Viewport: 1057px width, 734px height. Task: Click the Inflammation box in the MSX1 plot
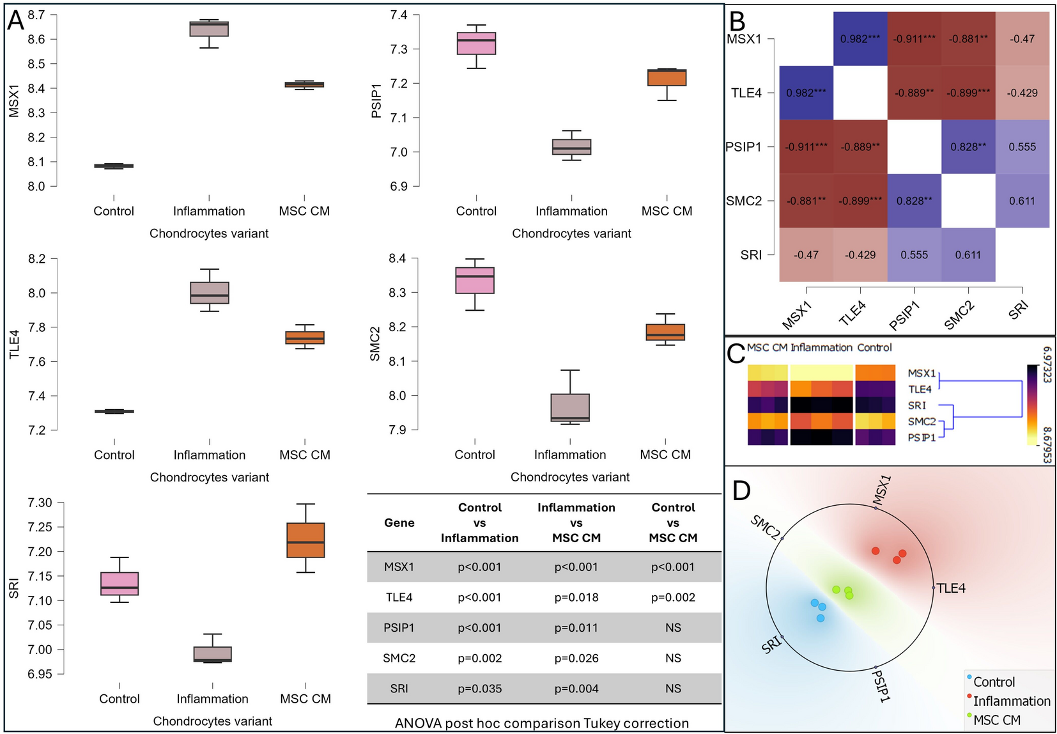coord(209,29)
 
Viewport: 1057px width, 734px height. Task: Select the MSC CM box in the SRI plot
coord(305,540)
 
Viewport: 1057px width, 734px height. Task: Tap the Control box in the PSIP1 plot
coord(476,43)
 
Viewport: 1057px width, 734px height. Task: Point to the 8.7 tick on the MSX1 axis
coord(36,15)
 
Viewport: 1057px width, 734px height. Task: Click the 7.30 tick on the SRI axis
coord(40,503)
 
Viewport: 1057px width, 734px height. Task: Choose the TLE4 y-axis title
coord(14,344)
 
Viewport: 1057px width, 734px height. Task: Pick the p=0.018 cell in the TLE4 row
coord(576,597)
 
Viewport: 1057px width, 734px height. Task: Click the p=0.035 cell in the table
coord(479,689)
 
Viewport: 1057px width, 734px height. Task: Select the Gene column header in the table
coord(399,522)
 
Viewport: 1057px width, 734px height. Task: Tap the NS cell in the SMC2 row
coord(673,658)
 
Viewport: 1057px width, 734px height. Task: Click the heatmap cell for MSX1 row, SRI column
coord(1022,39)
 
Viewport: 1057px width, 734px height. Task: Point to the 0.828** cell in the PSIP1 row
coord(968,147)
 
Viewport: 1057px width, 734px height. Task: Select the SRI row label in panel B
coord(751,254)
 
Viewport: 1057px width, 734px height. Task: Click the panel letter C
coord(736,354)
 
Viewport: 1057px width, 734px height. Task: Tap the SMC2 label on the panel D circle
coord(766,527)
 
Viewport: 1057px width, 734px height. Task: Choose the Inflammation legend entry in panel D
coord(1011,701)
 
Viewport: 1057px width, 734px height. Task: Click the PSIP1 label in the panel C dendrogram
coord(922,437)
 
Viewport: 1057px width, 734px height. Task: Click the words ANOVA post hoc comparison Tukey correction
coord(542,723)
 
